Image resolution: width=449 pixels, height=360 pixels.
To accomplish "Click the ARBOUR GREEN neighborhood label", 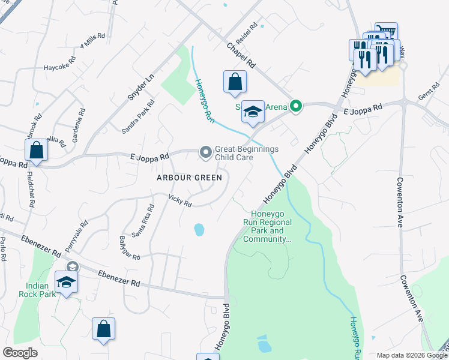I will pos(189,178).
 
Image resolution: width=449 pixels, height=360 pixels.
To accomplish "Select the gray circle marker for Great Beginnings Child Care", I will pos(206,153).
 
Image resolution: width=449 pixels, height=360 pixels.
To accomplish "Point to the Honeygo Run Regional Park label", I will pos(271,226).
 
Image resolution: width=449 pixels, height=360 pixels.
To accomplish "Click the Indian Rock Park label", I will pos(41,290).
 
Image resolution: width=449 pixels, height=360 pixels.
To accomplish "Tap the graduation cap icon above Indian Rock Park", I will pos(67,282).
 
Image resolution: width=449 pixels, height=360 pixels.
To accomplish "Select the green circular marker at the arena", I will pos(295,107).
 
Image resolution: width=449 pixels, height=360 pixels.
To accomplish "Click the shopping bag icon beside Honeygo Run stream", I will pos(235,82).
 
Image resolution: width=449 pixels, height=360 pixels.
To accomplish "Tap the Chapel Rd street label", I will pos(241,55).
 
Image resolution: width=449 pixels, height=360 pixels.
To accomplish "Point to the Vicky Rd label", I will pos(179,200).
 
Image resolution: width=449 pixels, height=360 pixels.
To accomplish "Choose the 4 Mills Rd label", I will pos(92,43).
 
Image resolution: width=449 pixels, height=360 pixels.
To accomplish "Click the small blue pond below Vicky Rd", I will pos(199,230).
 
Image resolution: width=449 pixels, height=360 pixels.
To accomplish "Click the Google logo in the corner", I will pos(20,353).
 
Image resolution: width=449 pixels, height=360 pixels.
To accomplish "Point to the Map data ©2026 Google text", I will pos(411,355).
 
